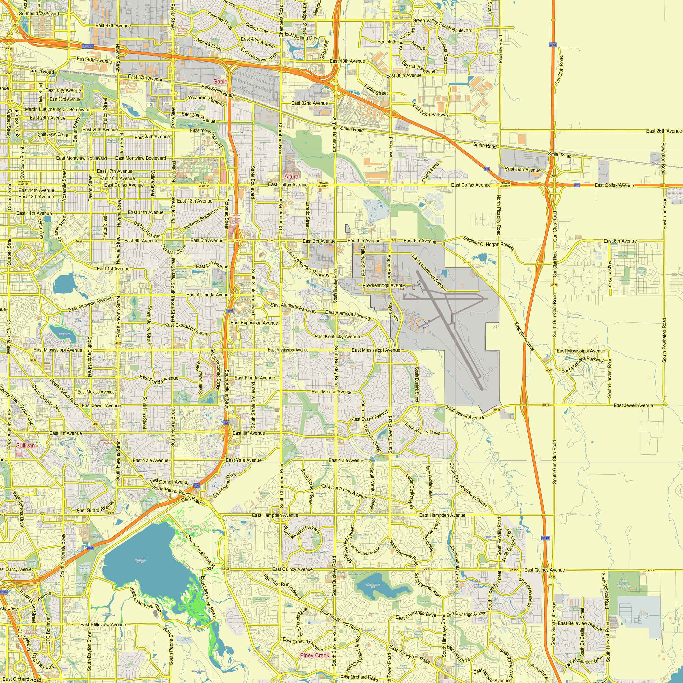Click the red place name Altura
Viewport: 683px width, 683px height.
click(x=291, y=177)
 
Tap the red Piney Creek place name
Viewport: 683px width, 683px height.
click(x=314, y=655)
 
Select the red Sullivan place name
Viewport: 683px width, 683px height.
click(x=26, y=445)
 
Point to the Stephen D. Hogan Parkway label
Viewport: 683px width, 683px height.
click(x=489, y=244)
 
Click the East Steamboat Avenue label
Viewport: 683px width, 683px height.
click(x=429, y=272)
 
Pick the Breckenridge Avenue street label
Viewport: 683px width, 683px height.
click(x=384, y=285)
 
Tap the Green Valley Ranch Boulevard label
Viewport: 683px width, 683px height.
click(x=442, y=26)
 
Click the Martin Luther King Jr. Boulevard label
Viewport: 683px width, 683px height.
click(x=57, y=109)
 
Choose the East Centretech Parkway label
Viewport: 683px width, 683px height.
click(x=308, y=263)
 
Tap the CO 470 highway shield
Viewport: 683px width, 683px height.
click(x=545, y=538)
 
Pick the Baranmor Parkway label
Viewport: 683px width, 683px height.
click(x=207, y=100)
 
